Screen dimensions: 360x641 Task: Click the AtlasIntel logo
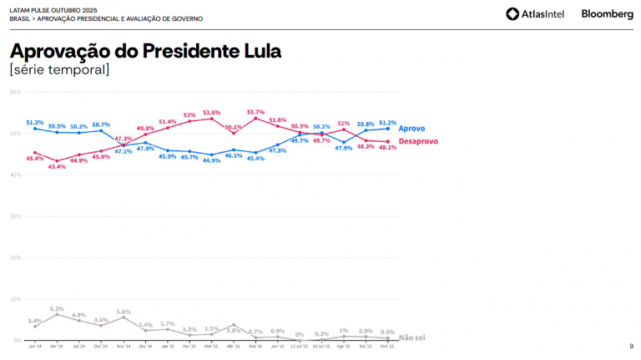tap(536, 13)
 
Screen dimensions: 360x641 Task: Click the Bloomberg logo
tap(607, 13)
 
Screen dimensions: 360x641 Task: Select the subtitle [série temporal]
tap(59, 69)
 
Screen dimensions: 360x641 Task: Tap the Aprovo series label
tap(412, 129)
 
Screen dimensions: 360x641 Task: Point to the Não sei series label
tap(413, 337)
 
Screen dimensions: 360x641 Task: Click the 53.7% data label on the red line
tap(255, 112)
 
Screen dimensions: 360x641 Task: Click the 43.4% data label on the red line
tap(57, 167)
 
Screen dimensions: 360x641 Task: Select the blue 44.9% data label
tap(211, 161)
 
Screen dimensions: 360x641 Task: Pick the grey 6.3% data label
tap(57, 308)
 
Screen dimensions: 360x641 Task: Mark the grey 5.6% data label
tap(124, 311)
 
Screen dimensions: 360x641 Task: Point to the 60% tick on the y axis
tap(15, 92)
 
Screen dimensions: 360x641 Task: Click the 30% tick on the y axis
tap(15, 216)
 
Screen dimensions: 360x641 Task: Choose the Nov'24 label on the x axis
tap(124, 345)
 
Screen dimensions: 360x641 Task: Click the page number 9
tap(630, 346)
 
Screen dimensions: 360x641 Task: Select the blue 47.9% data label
tap(344, 149)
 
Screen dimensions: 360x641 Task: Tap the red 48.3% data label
tap(366, 147)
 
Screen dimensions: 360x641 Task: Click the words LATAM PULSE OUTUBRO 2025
tap(48, 9)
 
